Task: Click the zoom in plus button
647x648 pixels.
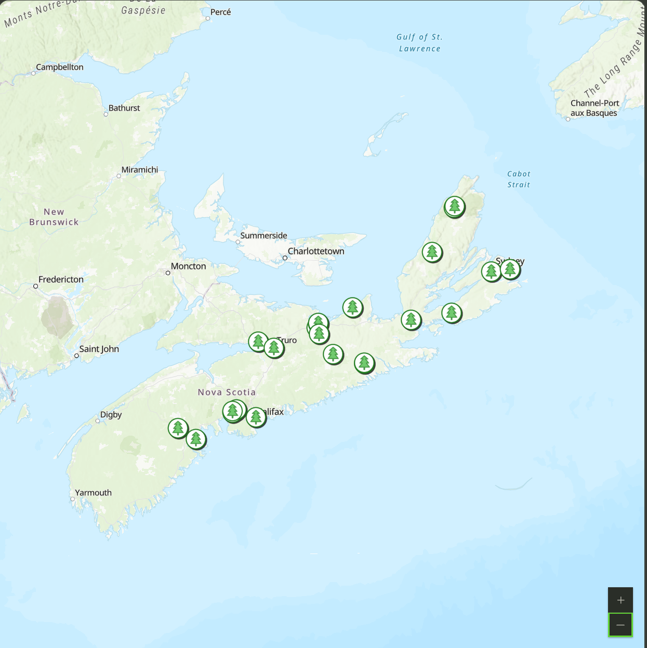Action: click(x=620, y=600)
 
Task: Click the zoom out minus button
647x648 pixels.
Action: click(x=620, y=625)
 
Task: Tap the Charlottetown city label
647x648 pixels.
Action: click(x=316, y=251)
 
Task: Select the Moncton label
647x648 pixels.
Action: click(x=189, y=266)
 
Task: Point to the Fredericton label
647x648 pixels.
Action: click(x=61, y=279)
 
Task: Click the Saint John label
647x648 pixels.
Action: click(x=99, y=349)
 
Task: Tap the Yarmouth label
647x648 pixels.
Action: click(x=94, y=493)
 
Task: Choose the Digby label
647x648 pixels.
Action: click(x=111, y=414)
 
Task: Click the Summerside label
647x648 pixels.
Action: click(x=263, y=236)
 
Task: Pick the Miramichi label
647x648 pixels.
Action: click(x=140, y=170)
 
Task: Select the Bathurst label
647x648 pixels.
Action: click(x=124, y=108)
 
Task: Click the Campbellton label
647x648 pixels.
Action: click(x=60, y=67)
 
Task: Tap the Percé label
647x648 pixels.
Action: click(x=221, y=12)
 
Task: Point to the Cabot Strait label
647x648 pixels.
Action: click(x=519, y=179)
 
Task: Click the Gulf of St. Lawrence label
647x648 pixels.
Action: click(x=419, y=43)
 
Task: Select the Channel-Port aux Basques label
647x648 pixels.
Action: click(x=595, y=108)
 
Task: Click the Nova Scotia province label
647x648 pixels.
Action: click(x=227, y=393)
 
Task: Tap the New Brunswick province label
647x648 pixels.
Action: click(x=54, y=217)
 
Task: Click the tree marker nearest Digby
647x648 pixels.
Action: click(x=178, y=428)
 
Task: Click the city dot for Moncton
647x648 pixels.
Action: click(x=168, y=273)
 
